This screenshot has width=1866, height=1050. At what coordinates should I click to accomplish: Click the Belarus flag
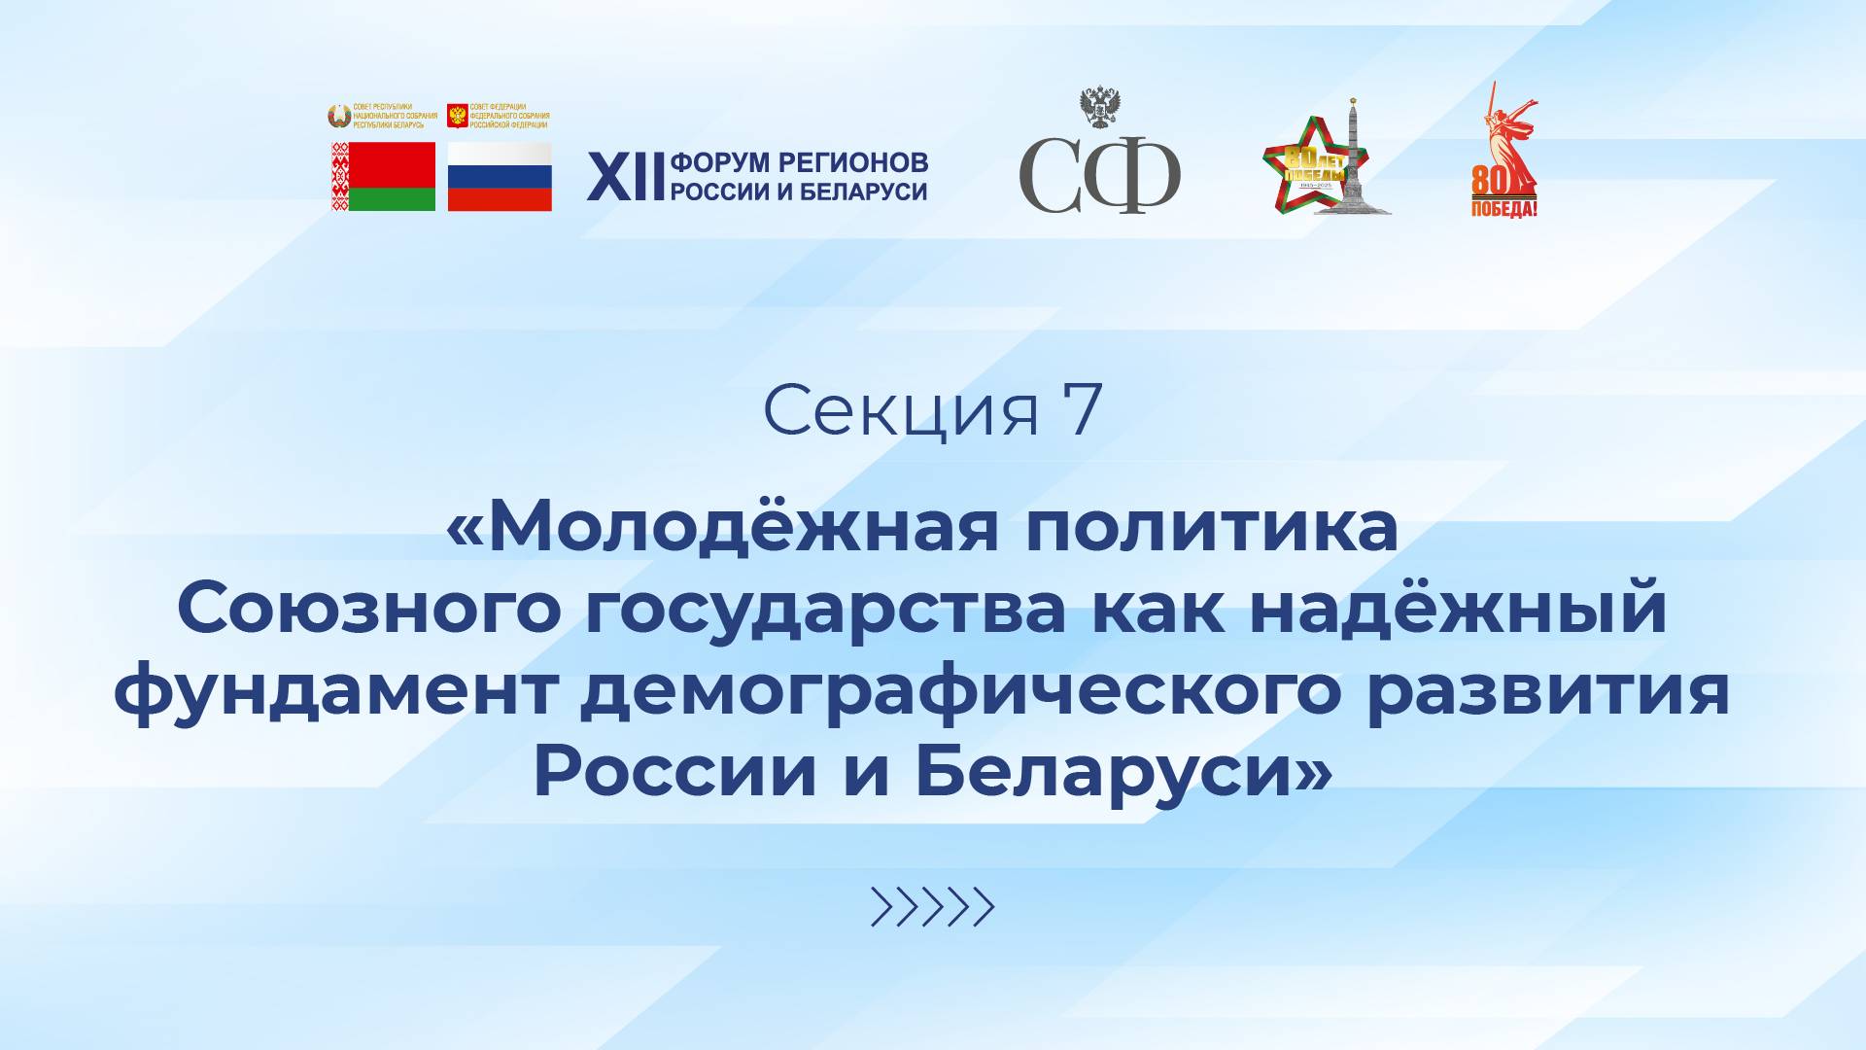click(383, 176)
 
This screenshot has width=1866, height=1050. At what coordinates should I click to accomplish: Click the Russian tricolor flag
click(500, 176)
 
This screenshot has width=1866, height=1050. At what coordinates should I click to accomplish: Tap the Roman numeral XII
click(626, 177)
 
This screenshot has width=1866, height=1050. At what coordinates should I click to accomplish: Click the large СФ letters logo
click(1099, 176)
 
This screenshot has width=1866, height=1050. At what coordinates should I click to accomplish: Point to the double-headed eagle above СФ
click(1101, 108)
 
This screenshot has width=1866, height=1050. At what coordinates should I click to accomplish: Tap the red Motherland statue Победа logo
click(1503, 156)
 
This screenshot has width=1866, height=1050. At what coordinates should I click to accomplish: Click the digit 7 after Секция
click(1083, 410)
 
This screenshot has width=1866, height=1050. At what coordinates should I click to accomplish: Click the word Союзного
click(369, 609)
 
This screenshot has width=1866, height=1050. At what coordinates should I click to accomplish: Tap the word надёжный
click(1458, 609)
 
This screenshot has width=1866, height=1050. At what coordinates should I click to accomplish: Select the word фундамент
click(335, 692)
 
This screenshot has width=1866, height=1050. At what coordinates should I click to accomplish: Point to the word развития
click(1547, 692)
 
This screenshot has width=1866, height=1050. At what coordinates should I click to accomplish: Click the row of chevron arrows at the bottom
click(932, 907)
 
